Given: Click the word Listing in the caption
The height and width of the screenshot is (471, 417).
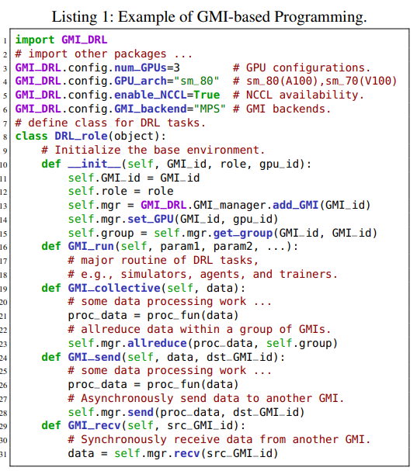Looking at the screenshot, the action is click(75, 17).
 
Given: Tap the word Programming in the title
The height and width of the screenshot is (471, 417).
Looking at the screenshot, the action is click(321, 17).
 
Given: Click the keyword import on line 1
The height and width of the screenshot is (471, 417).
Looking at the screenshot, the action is click(35, 40).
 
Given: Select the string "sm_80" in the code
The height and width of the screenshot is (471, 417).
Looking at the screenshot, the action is click(196, 81).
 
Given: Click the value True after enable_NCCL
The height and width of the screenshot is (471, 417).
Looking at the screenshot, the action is click(207, 95).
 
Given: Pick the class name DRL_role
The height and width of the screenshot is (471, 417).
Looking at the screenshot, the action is click(81, 137).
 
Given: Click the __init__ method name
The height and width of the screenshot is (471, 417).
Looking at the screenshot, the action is click(94, 164).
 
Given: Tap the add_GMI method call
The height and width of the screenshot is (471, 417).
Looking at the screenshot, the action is click(296, 205).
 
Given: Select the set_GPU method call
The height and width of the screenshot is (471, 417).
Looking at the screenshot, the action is click(151, 219).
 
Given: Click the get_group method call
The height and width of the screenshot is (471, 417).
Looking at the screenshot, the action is click(243, 233).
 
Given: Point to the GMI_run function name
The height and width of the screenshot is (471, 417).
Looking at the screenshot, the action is click(91, 246).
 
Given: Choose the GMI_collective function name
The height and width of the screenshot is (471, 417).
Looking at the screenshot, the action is click(114, 288).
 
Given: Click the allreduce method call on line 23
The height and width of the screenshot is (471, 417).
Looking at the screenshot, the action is click(157, 343).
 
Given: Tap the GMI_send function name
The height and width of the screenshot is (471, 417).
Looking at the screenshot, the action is click(94, 357).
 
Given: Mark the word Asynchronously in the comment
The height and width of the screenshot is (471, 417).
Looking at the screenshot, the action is click(127, 399).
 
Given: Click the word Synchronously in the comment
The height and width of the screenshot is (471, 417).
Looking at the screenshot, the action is click(124, 440).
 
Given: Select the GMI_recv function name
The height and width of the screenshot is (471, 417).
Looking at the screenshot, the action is click(94, 426).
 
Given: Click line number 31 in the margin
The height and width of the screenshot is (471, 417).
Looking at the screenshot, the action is click(4, 454).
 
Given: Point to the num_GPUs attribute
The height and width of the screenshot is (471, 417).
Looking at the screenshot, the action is click(141, 68).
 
